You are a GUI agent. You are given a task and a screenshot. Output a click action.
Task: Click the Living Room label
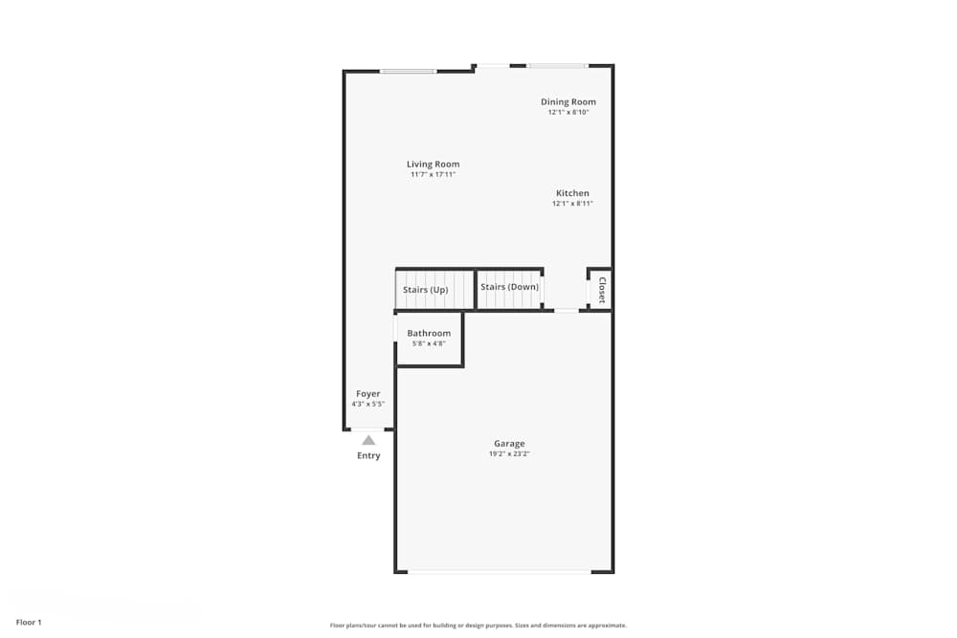point(433,165)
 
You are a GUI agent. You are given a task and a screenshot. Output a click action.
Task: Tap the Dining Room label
point(568,102)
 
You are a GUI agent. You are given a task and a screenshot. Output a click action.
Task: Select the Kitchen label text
point(572,193)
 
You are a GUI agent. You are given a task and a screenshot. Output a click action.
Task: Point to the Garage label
point(509,444)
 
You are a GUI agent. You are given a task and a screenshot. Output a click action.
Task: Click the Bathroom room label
point(429,334)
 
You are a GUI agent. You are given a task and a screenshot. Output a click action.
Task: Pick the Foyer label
point(368,394)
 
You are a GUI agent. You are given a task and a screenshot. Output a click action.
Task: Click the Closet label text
point(602,290)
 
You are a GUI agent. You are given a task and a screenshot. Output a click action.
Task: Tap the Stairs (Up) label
point(426,289)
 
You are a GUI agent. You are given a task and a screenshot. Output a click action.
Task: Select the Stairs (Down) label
point(509,287)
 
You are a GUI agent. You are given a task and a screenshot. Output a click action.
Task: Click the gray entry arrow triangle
point(368,440)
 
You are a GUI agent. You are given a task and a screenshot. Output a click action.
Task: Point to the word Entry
point(368,456)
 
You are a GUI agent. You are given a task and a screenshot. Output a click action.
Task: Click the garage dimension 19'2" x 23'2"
point(509,454)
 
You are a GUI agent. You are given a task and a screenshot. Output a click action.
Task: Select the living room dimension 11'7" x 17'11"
point(433,175)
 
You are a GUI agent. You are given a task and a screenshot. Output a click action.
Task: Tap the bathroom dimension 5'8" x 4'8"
point(429,343)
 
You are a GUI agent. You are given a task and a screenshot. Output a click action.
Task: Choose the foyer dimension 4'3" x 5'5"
point(368,404)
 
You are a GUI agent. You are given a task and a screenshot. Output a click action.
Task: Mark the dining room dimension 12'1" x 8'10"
point(568,113)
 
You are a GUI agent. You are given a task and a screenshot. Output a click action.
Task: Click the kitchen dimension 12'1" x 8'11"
point(572,204)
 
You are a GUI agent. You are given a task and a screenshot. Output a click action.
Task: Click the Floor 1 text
point(29,623)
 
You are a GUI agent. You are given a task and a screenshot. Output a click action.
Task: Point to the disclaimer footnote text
point(478,626)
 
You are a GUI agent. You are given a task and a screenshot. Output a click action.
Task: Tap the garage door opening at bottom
point(499,572)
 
